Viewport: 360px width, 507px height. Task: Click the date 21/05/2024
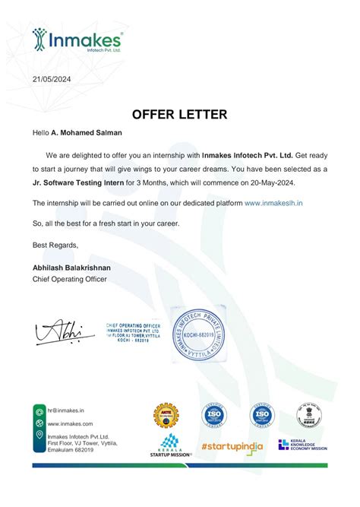52,79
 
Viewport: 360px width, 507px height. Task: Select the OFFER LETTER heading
179,115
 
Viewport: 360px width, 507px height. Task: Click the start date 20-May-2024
282,184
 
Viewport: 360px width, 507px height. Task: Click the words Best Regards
55,244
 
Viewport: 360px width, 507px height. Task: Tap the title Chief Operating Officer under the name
70,280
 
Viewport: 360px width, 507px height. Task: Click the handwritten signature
58,332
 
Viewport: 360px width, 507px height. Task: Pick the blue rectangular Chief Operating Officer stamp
134,332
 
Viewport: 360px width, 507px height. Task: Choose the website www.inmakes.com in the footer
70,423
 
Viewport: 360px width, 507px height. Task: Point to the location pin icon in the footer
39,435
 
